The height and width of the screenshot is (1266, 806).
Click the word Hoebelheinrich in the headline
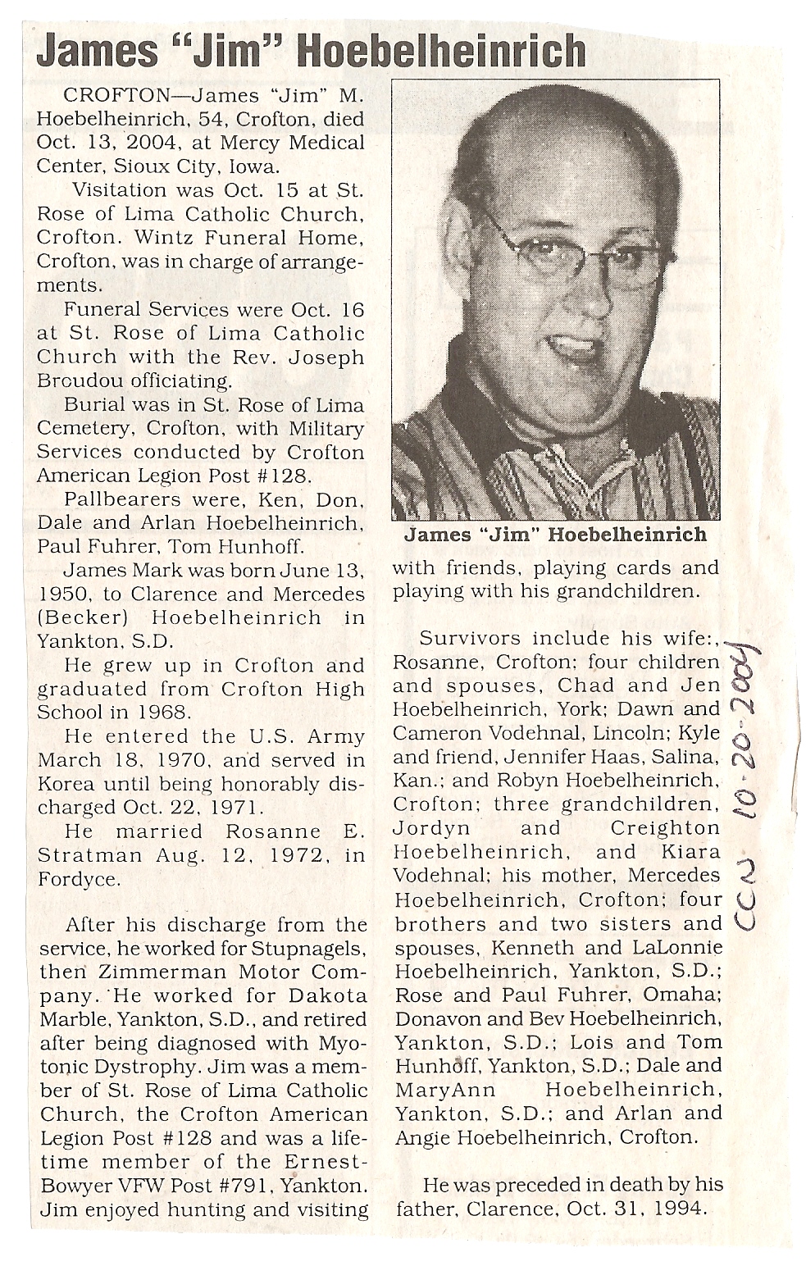point(443,52)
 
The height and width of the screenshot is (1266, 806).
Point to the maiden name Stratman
point(80,854)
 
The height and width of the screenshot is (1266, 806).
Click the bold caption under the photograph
point(555,535)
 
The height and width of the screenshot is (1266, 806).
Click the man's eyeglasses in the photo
point(566,253)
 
